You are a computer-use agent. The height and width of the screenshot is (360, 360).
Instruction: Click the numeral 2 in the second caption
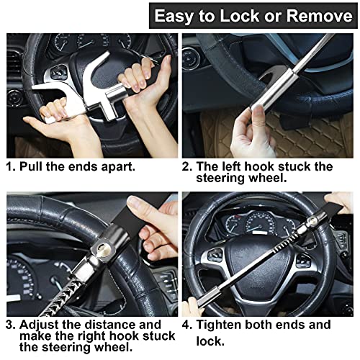click(186, 166)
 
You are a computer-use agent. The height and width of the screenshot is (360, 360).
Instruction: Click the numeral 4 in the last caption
click(186, 324)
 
